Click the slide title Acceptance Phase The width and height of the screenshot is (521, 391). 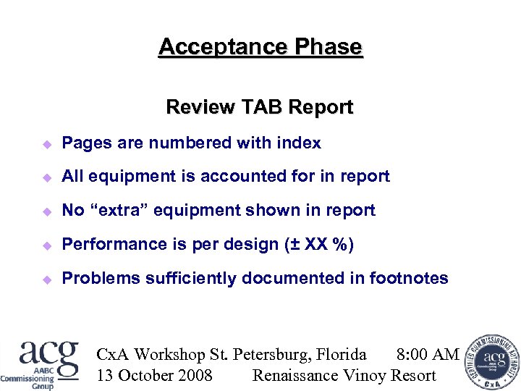pyautogui.click(x=260, y=47)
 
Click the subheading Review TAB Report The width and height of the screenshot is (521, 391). pyautogui.click(x=260, y=107)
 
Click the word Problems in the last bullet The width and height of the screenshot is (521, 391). pyautogui.click(x=101, y=278)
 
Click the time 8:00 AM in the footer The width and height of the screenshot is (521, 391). pyautogui.click(x=428, y=354)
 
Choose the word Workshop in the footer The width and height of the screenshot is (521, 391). pyautogui.click(x=170, y=354)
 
